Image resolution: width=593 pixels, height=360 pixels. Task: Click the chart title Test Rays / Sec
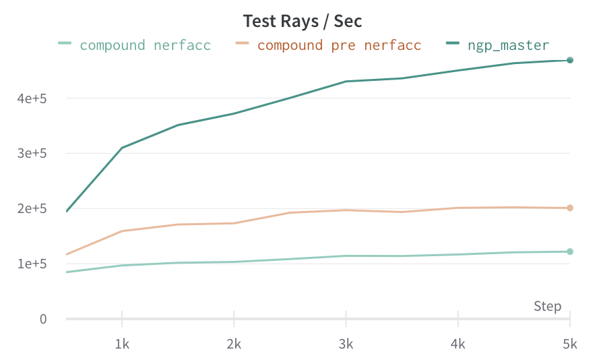click(x=303, y=21)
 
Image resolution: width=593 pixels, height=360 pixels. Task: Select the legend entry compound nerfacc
click(x=145, y=45)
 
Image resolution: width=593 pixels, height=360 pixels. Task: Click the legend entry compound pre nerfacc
click(x=339, y=45)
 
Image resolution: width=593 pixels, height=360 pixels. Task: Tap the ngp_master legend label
click(x=508, y=45)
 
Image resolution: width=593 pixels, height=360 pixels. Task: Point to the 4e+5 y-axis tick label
click(x=32, y=98)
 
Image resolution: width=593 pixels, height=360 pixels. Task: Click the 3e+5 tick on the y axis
click(x=32, y=154)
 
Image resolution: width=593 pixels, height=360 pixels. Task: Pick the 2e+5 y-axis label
click(x=32, y=209)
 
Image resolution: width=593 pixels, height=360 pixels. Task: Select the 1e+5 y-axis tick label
click(x=32, y=264)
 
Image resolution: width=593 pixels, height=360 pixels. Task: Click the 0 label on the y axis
click(x=43, y=319)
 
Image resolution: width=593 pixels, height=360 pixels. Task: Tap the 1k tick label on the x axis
click(x=122, y=344)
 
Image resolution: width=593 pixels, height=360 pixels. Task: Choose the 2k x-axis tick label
click(x=234, y=344)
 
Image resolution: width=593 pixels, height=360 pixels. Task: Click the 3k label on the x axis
click(x=346, y=344)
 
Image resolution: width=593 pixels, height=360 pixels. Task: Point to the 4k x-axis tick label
click(x=458, y=344)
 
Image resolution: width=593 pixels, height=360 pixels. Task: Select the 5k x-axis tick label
click(x=569, y=344)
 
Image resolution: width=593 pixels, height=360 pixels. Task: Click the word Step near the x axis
click(x=547, y=306)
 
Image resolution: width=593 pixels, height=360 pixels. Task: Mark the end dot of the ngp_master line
click(x=569, y=60)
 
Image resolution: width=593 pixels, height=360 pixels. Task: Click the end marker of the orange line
click(x=569, y=208)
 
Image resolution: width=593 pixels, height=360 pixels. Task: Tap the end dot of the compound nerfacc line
click(x=569, y=251)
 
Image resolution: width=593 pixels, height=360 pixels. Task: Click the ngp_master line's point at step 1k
click(x=122, y=148)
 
